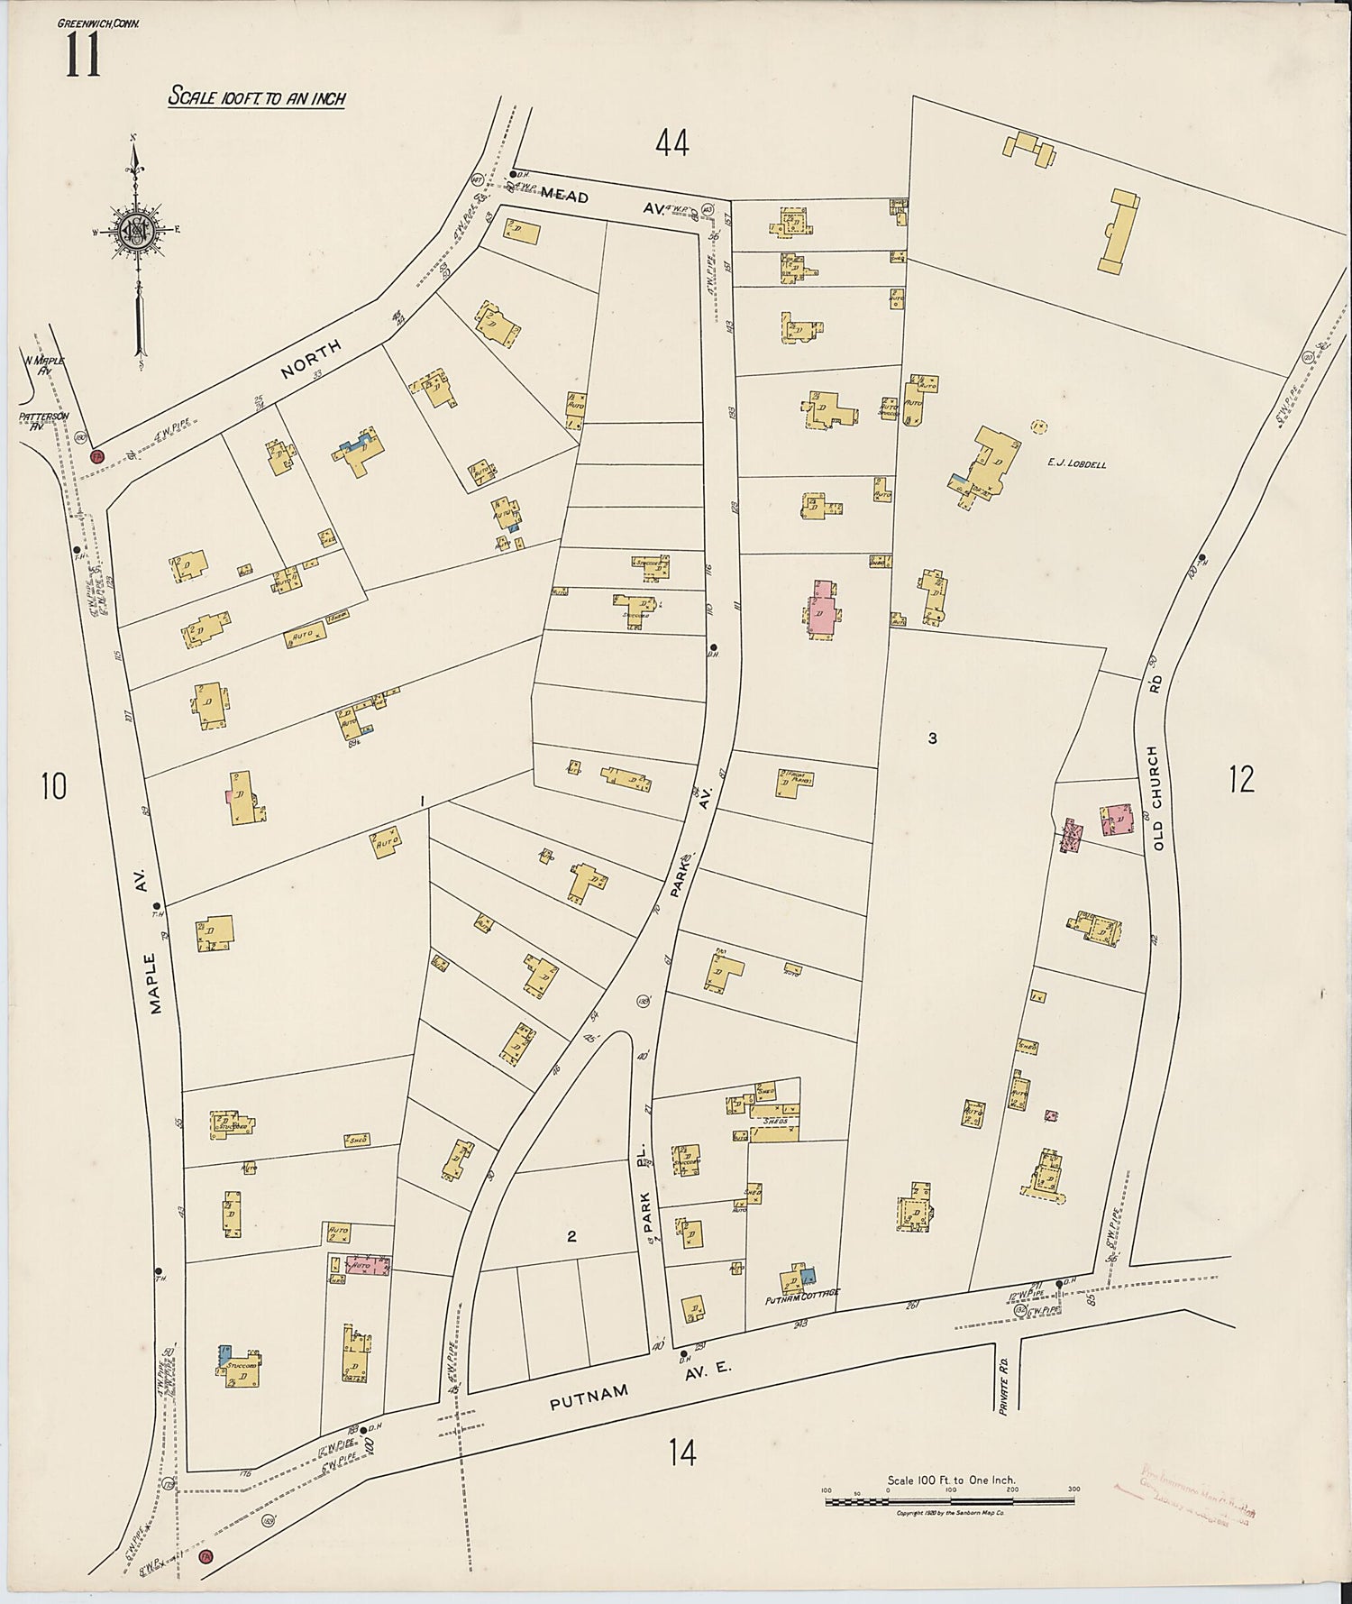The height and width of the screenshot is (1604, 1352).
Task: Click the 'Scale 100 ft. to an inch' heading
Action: (x=257, y=98)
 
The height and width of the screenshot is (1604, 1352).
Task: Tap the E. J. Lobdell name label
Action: (x=1076, y=464)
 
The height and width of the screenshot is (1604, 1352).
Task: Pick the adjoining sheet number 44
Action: (x=672, y=142)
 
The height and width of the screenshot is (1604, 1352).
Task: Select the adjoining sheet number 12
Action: (x=1241, y=779)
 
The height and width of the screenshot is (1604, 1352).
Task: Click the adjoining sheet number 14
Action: (x=682, y=1453)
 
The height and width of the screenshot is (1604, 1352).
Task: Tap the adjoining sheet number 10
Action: (x=53, y=786)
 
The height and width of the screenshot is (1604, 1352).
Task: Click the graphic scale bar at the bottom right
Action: (x=950, y=1500)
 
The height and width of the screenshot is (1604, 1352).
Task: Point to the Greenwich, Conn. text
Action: (x=98, y=23)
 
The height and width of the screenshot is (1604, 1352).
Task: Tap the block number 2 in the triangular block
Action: (x=571, y=1236)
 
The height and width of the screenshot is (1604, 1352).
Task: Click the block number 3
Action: (x=932, y=738)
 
